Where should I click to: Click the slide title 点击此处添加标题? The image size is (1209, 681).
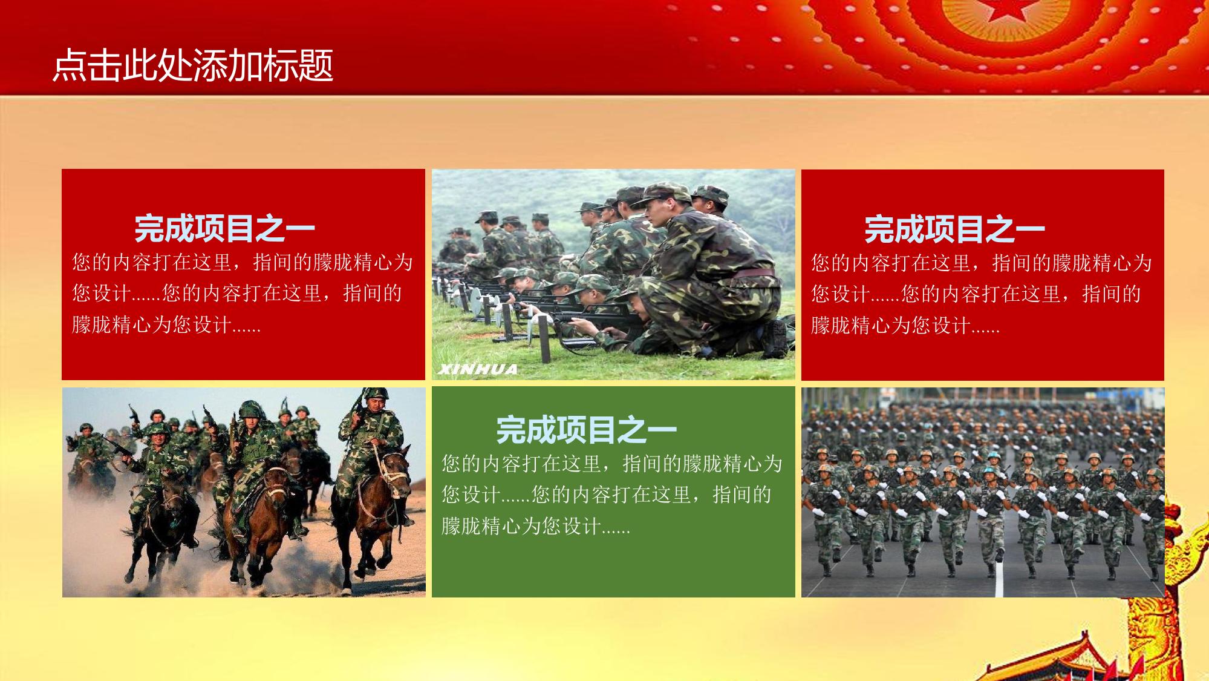(193, 65)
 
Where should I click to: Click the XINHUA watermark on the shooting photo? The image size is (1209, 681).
(478, 369)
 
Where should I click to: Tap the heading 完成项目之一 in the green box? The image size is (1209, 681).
(586, 430)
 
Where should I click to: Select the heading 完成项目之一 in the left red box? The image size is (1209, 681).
(224, 228)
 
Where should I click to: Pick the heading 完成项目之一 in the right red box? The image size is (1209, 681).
(954, 229)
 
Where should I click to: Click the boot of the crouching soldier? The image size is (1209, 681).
(774, 339)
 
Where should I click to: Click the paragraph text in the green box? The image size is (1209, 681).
(611, 495)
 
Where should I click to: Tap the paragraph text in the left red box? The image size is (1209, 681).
(242, 293)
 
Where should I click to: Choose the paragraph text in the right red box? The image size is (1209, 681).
(981, 294)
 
